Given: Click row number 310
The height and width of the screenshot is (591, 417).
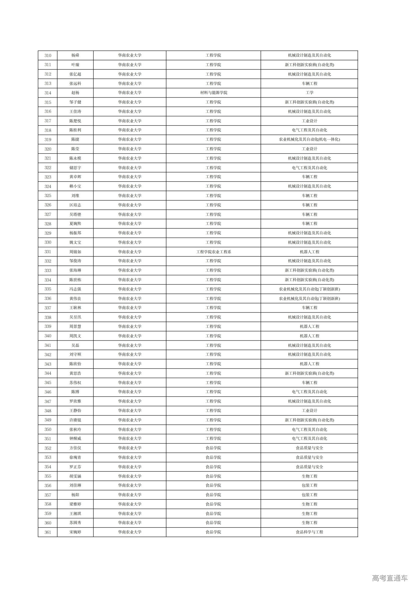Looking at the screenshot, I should [x=48, y=55].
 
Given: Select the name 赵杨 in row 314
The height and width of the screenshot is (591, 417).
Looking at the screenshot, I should [x=75, y=93].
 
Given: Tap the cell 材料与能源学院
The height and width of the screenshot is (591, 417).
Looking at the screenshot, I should [x=213, y=93].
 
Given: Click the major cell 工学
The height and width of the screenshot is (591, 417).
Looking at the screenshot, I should [x=309, y=93].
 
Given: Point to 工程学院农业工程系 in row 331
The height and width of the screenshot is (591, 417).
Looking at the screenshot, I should [x=213, y=252].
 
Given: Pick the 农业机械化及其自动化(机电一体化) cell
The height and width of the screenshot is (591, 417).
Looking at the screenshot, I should [x=309, y=140].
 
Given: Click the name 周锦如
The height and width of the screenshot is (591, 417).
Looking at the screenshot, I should [x=75, y=252].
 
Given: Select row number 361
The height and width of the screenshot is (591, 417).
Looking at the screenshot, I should [x=48, y=532].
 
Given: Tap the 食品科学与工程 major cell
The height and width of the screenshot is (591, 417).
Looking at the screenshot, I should [x=309, y=532].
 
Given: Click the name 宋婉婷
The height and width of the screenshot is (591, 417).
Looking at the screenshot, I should [x=75, y=532].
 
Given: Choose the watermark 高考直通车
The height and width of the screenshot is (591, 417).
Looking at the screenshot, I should [x=390, y=578].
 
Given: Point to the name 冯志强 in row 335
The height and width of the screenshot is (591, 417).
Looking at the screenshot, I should [x=75, y=289].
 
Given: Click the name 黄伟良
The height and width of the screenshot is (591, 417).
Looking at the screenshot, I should [x=75, y=299].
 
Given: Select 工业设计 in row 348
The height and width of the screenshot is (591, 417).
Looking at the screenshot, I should [x=309, y=411].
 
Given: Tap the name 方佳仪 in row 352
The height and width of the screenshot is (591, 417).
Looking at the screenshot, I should [x=75, y=448].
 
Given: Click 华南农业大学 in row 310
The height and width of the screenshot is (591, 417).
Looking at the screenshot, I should [x=130, y=55].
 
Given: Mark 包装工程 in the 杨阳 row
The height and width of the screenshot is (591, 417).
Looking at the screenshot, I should [x=309, y=495].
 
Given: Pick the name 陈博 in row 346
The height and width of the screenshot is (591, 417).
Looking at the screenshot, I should [x=75, y=392].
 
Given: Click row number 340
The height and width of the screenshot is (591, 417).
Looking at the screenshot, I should [x=48, y=336].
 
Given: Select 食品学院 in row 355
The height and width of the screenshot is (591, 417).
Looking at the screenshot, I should [x=213, y=476].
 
